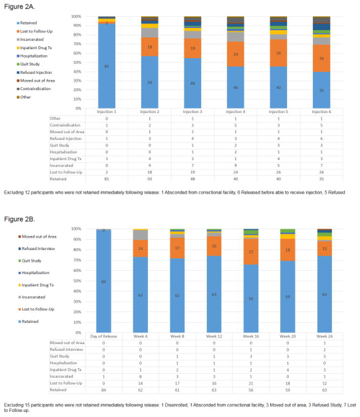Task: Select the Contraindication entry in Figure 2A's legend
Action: (x=35, y=88)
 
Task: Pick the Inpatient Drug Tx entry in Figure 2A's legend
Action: (x=35, y=47)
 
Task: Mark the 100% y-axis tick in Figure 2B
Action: (x=76, y=229)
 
